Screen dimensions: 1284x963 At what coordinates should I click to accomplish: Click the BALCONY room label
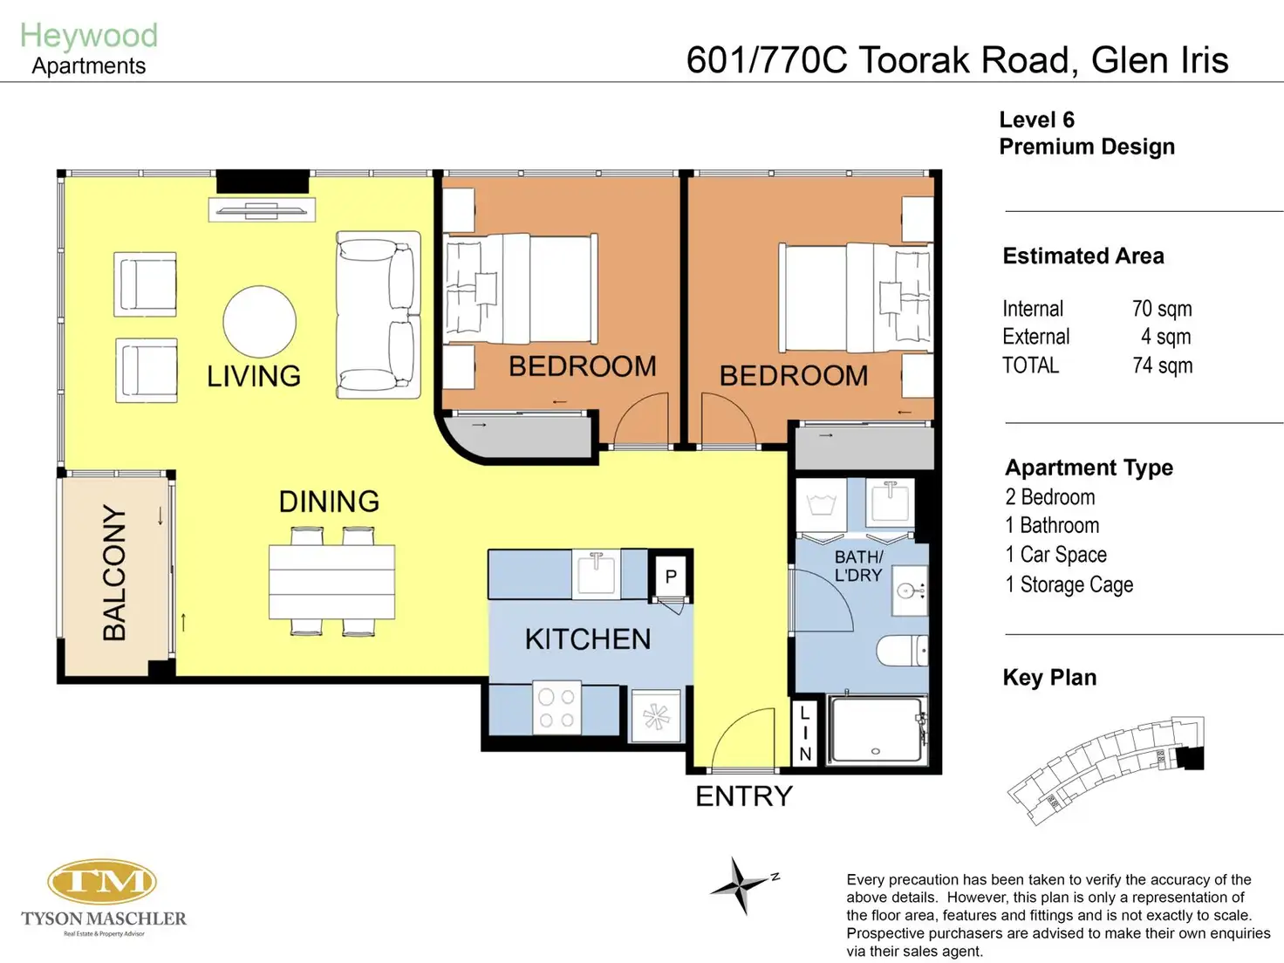[114, 572]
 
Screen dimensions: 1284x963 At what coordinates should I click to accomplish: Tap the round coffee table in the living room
[259, 322]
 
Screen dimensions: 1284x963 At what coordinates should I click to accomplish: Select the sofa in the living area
[378, 315]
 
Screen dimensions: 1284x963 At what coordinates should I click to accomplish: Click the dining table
[331, 582]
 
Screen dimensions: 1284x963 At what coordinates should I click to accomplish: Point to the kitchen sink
[596, 574]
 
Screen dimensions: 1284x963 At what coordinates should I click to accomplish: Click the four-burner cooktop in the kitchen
[557, 707]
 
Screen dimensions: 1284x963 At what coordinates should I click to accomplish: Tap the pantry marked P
[671, 577]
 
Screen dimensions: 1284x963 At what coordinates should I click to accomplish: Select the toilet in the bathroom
[902, 651]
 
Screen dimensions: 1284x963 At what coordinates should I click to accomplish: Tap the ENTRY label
[743, 796]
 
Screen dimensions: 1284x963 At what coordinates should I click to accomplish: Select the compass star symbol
[739, 884]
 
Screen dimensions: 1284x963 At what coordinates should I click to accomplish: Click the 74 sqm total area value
[1163, 365]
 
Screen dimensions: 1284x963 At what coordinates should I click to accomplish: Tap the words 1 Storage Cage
[1069, 584]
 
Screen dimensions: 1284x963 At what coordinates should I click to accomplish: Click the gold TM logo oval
[102, 881]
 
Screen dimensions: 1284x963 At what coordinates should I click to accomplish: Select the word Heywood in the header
[89, 35]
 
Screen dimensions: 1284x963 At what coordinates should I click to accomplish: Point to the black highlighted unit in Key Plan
[1189, 758]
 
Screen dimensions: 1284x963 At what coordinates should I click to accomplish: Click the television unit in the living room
[262, 210]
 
